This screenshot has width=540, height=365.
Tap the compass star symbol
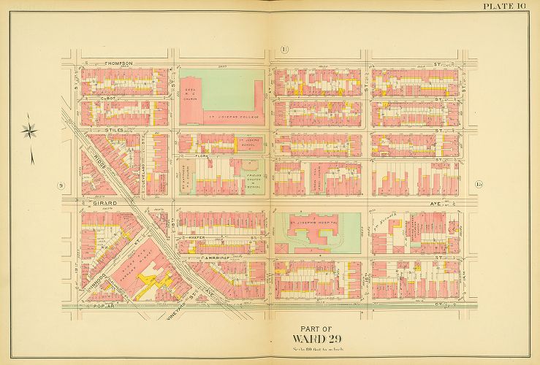30,131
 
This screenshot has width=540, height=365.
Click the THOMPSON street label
118,64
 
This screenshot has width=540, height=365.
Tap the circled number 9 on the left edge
60,185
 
